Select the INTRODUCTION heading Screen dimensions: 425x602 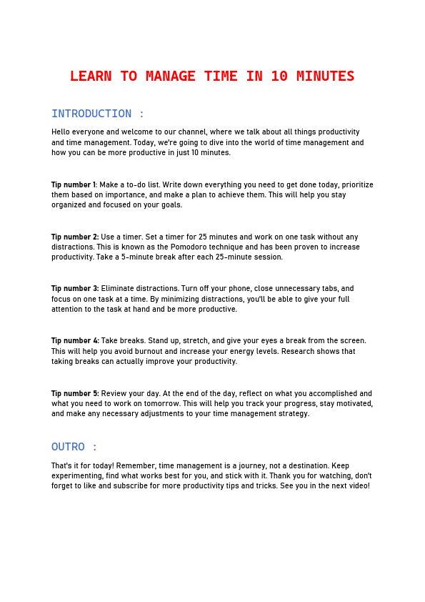[91, 114]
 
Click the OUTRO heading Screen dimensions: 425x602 [68, 447]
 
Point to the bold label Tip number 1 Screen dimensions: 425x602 [74, 184]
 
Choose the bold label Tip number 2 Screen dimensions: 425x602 [75, 237]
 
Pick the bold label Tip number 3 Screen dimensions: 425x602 [75, 289]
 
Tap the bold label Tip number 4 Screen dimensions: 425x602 [75, 341]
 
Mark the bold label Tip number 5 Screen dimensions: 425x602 [75, 393]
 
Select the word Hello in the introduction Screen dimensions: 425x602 [61, 132]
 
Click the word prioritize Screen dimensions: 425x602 [358, 184]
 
